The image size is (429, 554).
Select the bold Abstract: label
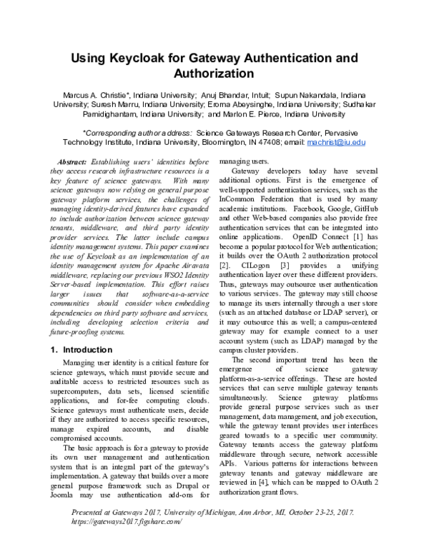71,162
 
